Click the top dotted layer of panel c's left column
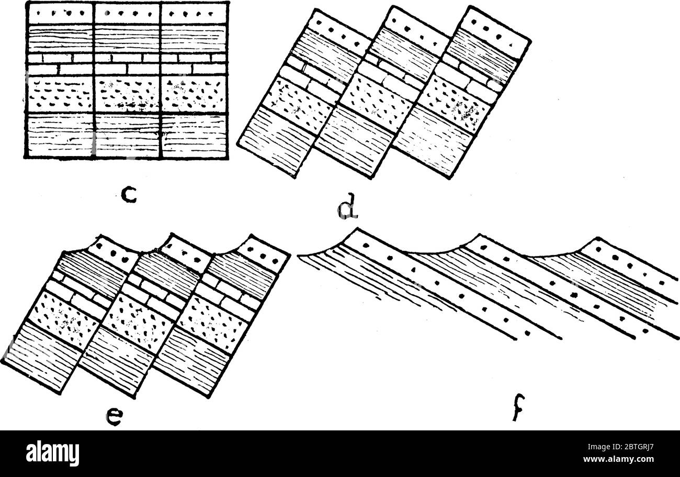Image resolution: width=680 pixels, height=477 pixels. tap(60, 13)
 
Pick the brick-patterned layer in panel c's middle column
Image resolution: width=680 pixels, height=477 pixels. tap(127, 63)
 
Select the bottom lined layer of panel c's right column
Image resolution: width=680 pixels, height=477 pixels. tap(194, 135)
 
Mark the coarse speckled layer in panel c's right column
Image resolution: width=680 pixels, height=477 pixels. tap(194, 94)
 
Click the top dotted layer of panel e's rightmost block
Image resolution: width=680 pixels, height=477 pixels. tap(264, 257)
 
